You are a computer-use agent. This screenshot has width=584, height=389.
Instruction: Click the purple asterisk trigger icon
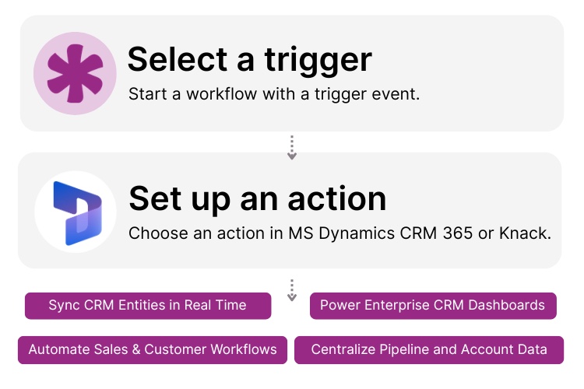pyautogui.click(x=75, y=74)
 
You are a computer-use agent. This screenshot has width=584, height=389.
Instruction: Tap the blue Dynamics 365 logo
pyautogui.click(x=75, y=212)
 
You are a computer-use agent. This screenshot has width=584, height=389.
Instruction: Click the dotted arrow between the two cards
pyautogui.click(x=292, y=148)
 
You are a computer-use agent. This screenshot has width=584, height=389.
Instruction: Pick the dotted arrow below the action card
pyautogui.click(x=292, y=290)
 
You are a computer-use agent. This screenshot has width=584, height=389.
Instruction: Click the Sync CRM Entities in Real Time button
pyautogui.click(x=148, y=305)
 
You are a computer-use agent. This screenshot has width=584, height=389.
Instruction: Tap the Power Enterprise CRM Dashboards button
pyautogui.click(x=433, y=305)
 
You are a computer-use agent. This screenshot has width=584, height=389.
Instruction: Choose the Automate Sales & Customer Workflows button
pyautogui.click(x=153, y=349)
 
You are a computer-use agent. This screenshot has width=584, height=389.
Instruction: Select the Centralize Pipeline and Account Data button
pyautogui.click(x=429, y=349)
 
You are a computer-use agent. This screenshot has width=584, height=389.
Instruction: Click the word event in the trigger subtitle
pyautogui.click(x=398, y=95)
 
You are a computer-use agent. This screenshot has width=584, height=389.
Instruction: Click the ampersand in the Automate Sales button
pyautogui.click(x=135, y=349)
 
